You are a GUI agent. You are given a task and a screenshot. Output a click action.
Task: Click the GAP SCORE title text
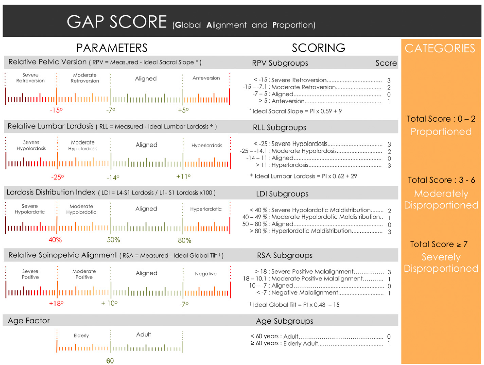point(117,21)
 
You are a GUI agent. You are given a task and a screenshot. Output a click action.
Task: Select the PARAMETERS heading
point(112,48)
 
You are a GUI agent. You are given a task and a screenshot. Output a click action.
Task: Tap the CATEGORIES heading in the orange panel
point(440,48)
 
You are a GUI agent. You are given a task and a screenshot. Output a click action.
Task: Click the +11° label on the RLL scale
point(183,176)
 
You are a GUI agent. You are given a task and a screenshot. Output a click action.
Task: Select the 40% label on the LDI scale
point(55,240)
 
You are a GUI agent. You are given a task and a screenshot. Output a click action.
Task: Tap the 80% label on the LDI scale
point(184,240)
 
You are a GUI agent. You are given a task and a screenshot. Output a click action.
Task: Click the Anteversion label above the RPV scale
point(206,78)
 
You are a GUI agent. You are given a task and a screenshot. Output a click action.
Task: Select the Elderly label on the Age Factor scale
point(81,336)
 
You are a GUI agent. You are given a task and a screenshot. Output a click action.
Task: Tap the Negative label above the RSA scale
point(206,273)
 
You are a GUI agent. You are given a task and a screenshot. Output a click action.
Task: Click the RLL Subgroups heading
point(279,128)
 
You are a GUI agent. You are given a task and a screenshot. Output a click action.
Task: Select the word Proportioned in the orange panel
point(441,132)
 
